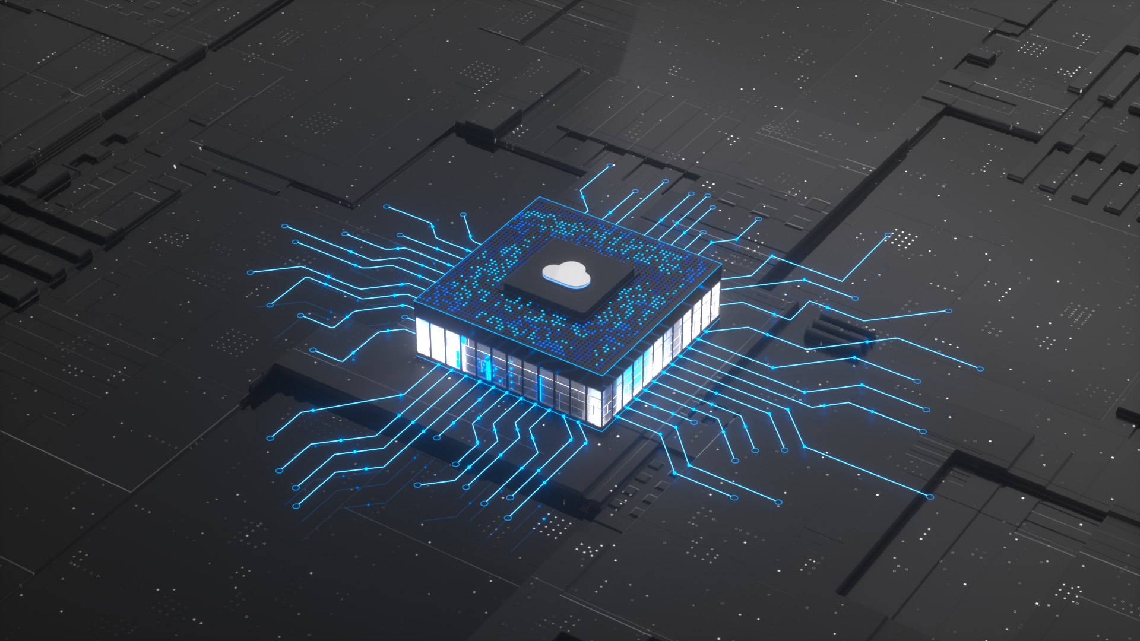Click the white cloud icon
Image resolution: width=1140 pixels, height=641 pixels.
[566, 274]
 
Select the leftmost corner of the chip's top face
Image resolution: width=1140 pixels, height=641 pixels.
[414, 305]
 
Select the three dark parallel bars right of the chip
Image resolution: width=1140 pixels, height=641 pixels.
[837, 330]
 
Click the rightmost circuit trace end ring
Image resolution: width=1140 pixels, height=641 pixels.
[980, 369]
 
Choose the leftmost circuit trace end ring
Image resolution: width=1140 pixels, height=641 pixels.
[250, 272]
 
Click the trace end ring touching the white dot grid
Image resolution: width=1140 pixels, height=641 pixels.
[889, 236]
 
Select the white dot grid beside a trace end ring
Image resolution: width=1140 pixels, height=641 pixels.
[904, 239]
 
